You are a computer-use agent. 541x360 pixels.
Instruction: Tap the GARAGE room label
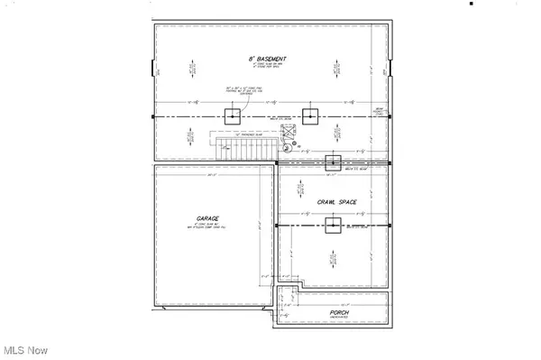tap(209, 217)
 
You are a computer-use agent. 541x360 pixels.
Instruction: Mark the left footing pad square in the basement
tap(234, 116)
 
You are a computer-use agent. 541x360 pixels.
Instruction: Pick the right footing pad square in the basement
tap(311, 116)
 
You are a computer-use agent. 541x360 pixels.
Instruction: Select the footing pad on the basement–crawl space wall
tap(332, 162)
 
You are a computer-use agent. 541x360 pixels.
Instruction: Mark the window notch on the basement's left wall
tap(152, 69)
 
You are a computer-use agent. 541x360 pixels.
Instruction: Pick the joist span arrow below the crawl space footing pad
tap(334, 262)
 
